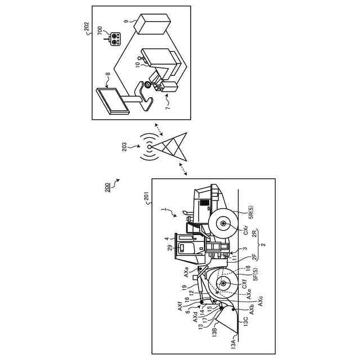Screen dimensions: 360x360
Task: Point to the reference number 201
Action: click(146, 196)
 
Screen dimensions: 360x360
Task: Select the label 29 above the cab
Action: click(169, 247)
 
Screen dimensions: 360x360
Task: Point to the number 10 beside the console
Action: click(138, 65)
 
